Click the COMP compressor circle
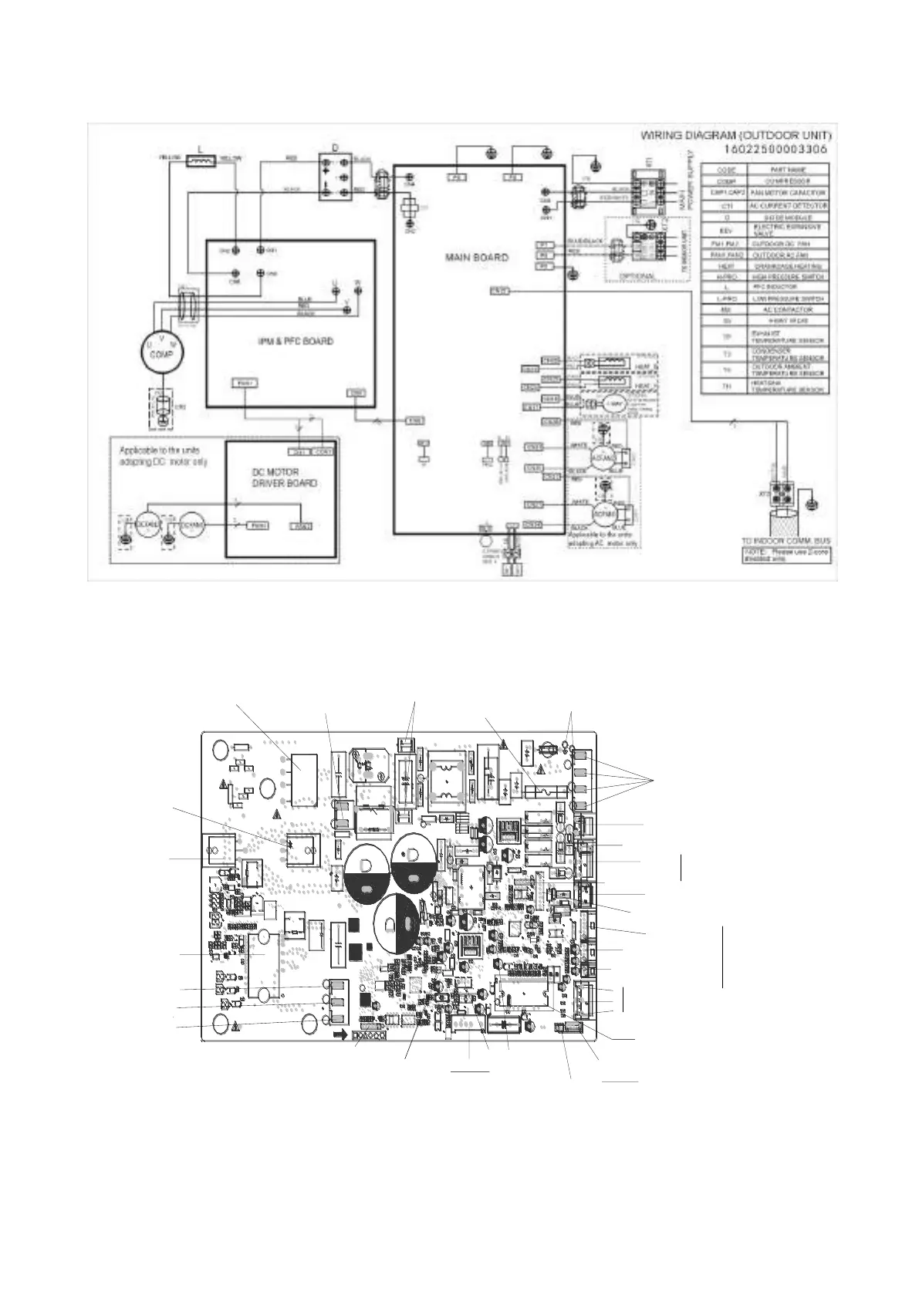[x=162, y=351]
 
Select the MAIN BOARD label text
[x=476, y=257]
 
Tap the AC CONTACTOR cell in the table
[x=787, y=309]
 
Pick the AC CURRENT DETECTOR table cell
[x=787, y=206]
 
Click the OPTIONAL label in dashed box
[x=637, y=276]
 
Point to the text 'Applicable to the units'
[x=162, y=450]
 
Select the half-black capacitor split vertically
[x=396, y=924]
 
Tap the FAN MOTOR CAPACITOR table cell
[x=787, y=193]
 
